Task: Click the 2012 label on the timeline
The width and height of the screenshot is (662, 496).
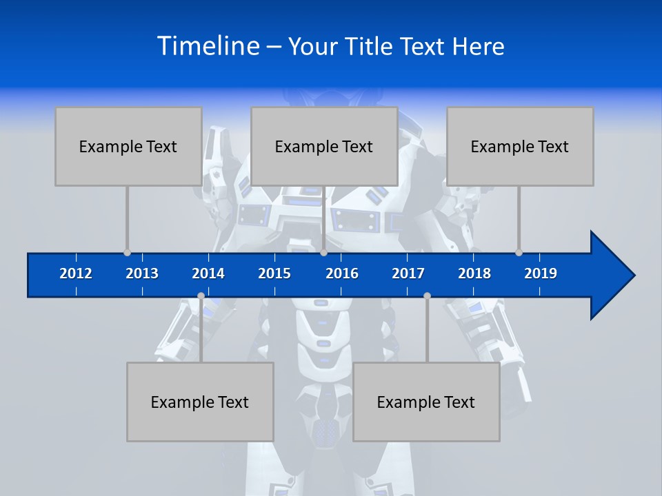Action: coord(76,273)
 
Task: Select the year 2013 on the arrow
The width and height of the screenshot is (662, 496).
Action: coord(142,273)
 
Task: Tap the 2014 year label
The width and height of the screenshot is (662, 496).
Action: coord(208,273)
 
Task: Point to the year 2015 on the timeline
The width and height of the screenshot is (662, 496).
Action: coord(274,273)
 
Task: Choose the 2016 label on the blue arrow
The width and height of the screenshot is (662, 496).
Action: coord(342,273)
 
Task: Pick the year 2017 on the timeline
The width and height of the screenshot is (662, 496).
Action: coord(408,273)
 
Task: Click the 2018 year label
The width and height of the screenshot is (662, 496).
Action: coord(474,273)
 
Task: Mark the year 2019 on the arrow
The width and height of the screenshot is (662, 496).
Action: coord(541,273)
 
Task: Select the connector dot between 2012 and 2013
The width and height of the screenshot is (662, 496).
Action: coord(127,252)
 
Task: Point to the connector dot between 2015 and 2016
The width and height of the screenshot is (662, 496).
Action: coord(323,252)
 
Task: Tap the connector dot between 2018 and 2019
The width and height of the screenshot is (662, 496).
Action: coord(519,252)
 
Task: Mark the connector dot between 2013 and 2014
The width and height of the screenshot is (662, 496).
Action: coord(201,296)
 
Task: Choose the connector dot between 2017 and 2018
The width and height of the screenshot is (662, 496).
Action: coord(427,296)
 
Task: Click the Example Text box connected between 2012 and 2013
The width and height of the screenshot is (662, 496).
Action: coord(128,146)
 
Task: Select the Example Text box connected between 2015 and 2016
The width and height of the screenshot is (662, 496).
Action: coord(324,146)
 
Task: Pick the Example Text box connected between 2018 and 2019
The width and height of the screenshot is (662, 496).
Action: coord(520,146)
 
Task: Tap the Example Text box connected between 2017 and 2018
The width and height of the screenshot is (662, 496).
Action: coord(426,402)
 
